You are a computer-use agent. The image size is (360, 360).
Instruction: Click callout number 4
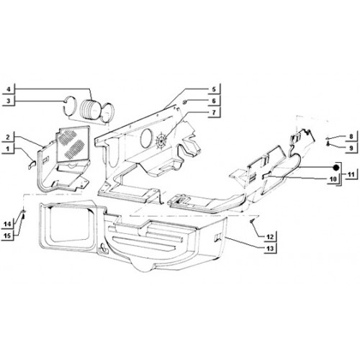(9, 90)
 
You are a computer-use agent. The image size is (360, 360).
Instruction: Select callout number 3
(9, 101)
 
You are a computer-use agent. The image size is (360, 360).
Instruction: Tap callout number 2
(8, 138)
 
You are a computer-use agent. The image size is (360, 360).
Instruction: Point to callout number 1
(8, 149)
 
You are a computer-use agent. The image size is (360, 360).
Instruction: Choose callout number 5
(214, 89)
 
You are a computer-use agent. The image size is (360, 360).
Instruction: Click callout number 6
(214, 101)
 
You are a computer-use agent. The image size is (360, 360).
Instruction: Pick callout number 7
(214, 112)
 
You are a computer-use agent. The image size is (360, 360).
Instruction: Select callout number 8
(351, 137)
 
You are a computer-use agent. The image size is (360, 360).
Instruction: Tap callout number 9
(351, 148)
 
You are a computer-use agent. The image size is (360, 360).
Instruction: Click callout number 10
(333, 179)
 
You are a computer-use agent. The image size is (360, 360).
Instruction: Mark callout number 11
(351, 174)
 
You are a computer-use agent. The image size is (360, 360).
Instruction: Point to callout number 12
(270, 237)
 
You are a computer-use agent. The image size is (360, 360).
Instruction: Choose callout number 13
(270, 248)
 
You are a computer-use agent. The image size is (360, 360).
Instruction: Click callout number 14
(7, 225)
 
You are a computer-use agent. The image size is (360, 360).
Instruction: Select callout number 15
(7, 235)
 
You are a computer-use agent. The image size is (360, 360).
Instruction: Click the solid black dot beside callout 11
(336, 168)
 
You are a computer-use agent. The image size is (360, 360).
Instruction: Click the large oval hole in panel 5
(146, 138)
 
